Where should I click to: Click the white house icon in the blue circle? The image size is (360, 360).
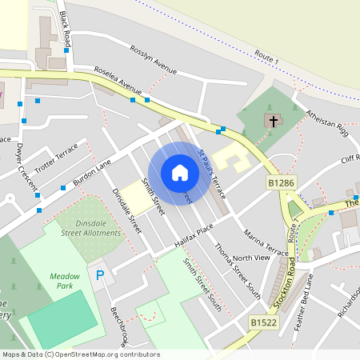pyautogui.click(x=180, y=172)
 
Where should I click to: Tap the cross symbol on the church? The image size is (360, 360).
pyautogui.click(x=274, y=122)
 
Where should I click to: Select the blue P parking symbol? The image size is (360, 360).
pyautogui.click(x=100, y=275)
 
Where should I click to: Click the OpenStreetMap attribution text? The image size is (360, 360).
pyautogui.click(x=80, y=354)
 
